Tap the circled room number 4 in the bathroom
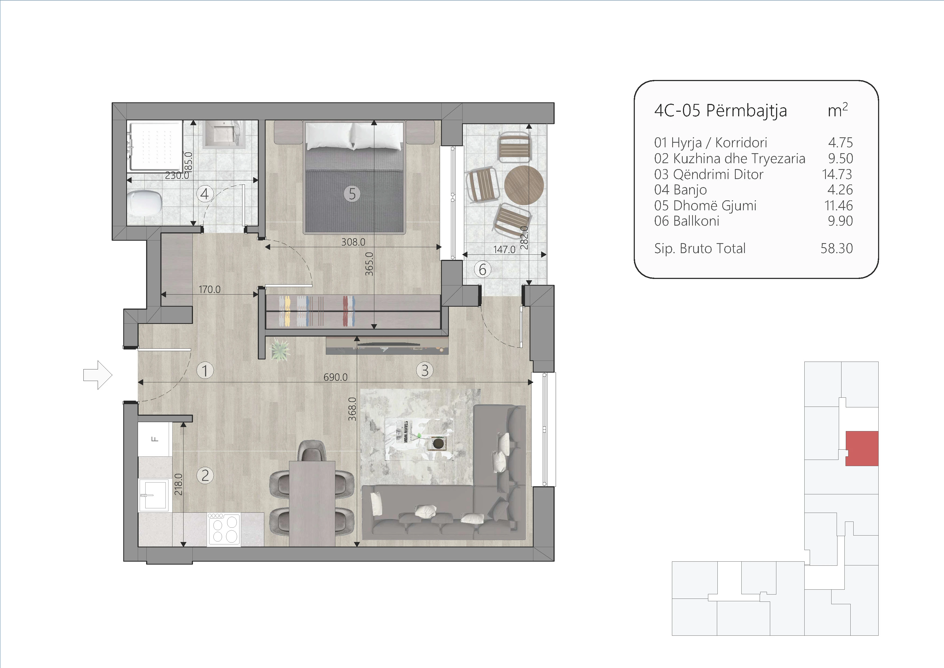[205, 194]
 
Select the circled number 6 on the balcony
[483, 270]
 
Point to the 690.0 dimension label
[336, 377]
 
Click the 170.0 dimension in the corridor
[209, 289]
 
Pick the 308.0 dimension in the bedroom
[353, 242]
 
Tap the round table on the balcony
[524, 185]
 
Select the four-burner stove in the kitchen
[224, 529]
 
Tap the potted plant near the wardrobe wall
[280, 350]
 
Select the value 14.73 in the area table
[837, 174]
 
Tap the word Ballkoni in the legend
[696, 221]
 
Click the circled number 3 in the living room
[425, 370]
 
